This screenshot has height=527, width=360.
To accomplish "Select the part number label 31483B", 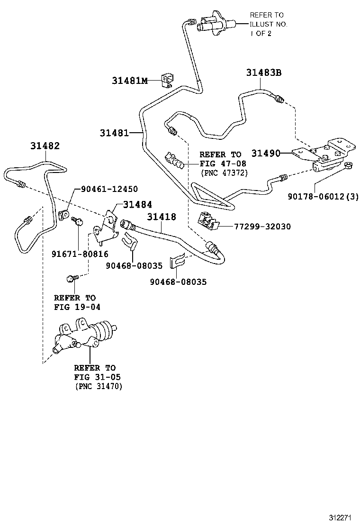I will pyautogui.click(x=263, y=73).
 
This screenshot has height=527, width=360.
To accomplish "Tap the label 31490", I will pyautogui.click(x=266, y=153).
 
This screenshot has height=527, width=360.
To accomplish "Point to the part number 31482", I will pyautogui.click(x=45, y=146).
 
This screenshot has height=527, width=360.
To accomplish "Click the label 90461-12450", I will pyautogui.click(x=109, y=189).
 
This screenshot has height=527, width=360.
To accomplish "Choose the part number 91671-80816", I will pyautogui.click(x=80, y=254).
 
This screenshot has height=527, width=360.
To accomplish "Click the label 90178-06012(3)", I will pyautogui.click(x=323, y=197).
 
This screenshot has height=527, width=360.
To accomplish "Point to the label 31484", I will pyautogui.click(x=137, y=204).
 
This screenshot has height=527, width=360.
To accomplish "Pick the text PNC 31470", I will pyautogui.click(x=98, y=387).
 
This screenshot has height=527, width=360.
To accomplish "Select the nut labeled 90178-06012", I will pyautogui.click(x=347, y=165).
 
